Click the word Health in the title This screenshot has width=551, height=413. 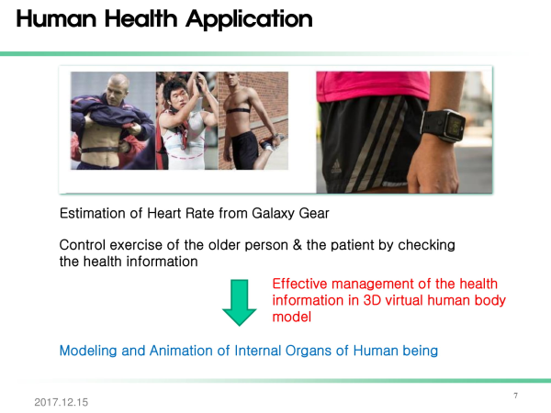(141, 18)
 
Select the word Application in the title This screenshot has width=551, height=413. (249, 20)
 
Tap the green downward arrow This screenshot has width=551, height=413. (240, 302)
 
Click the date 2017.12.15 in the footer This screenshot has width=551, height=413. (62, 402)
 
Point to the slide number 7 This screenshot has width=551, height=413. (515, 396)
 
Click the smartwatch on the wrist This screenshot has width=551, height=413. (444, 125)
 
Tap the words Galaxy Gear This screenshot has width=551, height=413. (290, 214)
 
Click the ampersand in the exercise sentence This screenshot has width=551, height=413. (298, 245)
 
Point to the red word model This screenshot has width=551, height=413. (292, 317)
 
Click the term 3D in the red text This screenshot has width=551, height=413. (372, 300)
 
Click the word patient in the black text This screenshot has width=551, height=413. (352, 245)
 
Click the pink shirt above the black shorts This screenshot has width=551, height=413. (373, 86)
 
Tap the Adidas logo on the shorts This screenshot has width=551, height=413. (336, 166)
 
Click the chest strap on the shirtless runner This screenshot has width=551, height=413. (239, 110)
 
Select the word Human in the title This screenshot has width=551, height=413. (56, 18)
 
